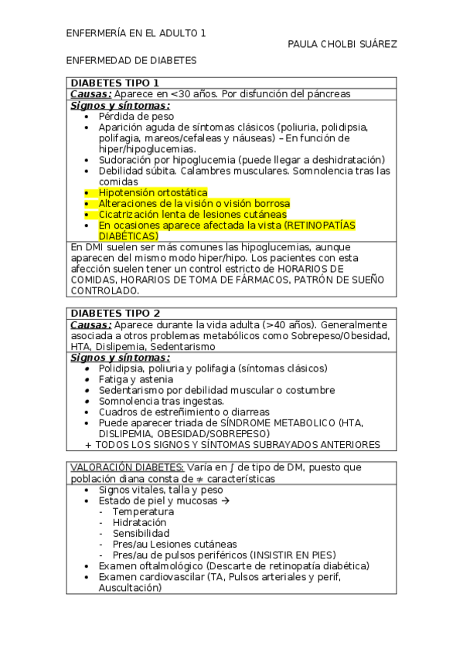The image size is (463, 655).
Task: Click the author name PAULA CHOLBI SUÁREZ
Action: pyautogui.click(x=342, y=44)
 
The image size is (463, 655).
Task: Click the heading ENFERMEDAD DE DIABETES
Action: pyautogui.click(x=131, y=60)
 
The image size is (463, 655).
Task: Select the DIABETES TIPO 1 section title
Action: pyautogui.click(x=115, y=83)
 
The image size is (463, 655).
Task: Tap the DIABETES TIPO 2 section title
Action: pyautogui.click(x=115, y=313)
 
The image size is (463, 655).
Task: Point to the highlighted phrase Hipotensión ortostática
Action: pyautogui.click(x=153, y=192)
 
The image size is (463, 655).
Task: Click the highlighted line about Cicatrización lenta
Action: pyautogui.click(x=192, y=214)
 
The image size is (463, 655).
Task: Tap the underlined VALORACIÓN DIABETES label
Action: pyautogui.click(x=128, y=467)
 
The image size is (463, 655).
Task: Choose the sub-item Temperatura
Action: pyautogui.click(x=143, y=511)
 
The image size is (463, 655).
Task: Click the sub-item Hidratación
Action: pyautogui.click(x=139, y=522)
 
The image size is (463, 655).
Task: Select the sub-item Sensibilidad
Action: pyautogui.click(x=141, y=533)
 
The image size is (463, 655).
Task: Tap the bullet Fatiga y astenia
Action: pyautogui.click(x=136, y=379)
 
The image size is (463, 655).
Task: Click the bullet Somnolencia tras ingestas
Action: pyautogui.click(x=161, y=401)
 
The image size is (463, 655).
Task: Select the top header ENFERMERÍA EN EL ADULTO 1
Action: pyautogui.click(x=135, y=33)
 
